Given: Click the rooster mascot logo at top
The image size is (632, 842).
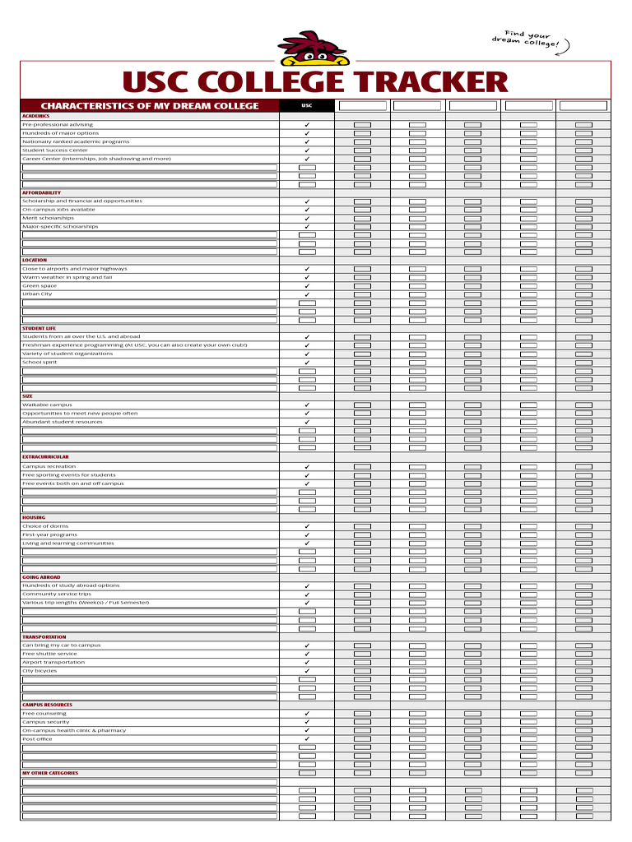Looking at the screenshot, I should [x=314, y=49].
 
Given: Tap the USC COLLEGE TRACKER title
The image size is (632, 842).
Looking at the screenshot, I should [x=315, y=82].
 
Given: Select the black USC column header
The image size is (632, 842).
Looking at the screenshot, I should [x=307, y=105].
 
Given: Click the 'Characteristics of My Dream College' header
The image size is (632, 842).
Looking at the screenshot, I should [x=150, y=106].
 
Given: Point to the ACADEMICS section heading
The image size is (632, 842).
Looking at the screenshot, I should [x=36, y=116].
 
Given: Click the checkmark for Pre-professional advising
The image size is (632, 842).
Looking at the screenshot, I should [x=307, y=125].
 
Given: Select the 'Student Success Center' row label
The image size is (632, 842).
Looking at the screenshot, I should [x=55, y=150].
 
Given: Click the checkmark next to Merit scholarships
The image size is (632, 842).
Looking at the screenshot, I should [x=307, y=218].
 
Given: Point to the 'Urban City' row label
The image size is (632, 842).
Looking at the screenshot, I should [x=37, y=294].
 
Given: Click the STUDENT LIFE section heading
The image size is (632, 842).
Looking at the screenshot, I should [x=39, y=328].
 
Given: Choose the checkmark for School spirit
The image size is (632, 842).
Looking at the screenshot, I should [x=307, y=362].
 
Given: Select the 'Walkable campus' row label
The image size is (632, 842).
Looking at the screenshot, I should [x=47, y=405].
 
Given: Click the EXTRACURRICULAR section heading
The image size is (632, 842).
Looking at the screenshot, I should [x=45, y=456].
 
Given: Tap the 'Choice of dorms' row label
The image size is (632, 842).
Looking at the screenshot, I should [x=45, y=526].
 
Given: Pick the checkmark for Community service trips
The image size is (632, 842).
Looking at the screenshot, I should [x=307, y=594].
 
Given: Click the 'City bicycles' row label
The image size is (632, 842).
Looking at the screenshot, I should [x=39, y=671].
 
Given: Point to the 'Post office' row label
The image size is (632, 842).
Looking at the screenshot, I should [x=37, y=739].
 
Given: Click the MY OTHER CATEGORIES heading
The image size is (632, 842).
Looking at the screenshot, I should [x=50, y=773].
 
